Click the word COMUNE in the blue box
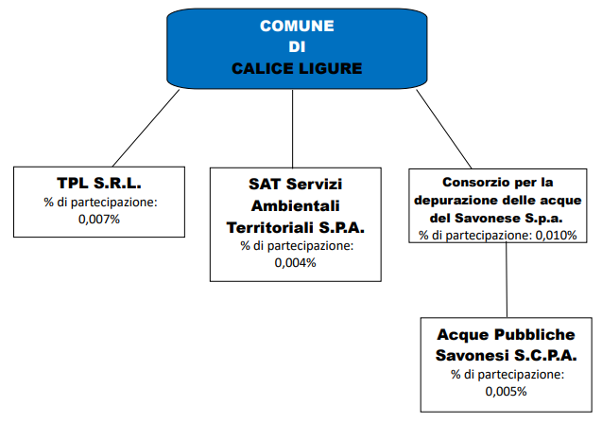point(297,26)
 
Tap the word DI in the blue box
point(297,47)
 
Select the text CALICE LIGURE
point(297,69)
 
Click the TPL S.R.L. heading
point(99,183)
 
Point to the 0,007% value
point(99,220)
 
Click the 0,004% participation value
point(295,263)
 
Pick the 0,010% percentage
point(556,236)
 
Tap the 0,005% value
point(506,391)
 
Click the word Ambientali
point(295,206)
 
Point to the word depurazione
point(456,201)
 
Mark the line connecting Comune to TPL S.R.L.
point(146,128)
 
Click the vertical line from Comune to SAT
point(293,129)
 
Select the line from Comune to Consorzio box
point(444,129)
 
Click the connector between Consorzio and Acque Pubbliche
point(507,280)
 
